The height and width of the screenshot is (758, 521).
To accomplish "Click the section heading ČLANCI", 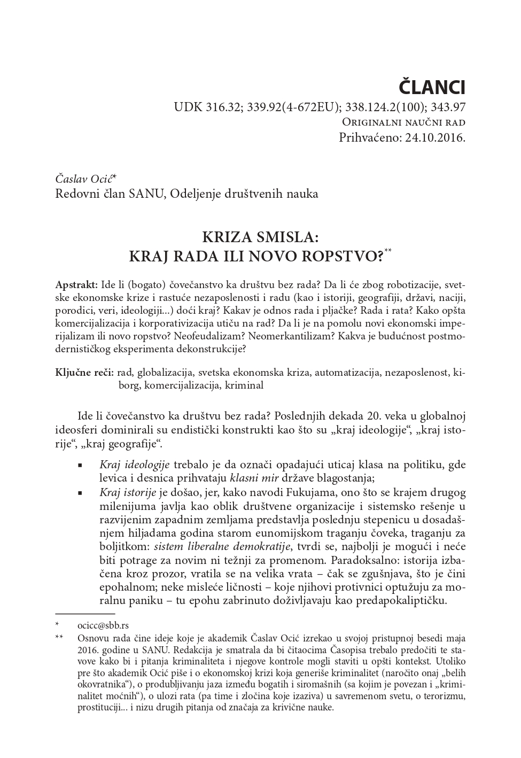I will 432,87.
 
